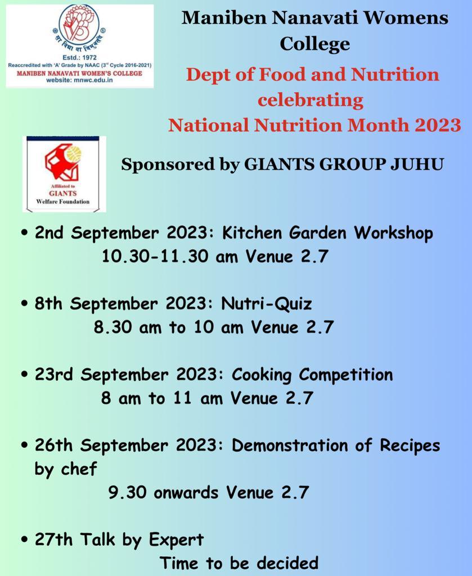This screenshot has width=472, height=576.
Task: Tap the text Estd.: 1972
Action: tap(79, 57)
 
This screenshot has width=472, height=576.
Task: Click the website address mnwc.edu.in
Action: tap(96, 80)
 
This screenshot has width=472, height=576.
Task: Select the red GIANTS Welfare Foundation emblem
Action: tap(63, 161)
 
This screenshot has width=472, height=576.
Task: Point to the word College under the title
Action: tap(315, 44)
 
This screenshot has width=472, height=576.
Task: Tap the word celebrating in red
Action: tap(311, 100)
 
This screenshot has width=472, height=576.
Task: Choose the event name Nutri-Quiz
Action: tap(266, 304)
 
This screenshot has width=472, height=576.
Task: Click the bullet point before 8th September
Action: tap(25, 304)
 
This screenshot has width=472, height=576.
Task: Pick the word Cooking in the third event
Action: tap(261, 375)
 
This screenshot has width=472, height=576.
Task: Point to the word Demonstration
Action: tap(289, 445)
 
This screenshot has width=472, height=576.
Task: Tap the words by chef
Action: tap(66, 470)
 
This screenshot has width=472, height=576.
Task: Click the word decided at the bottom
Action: tap(287, 563)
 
